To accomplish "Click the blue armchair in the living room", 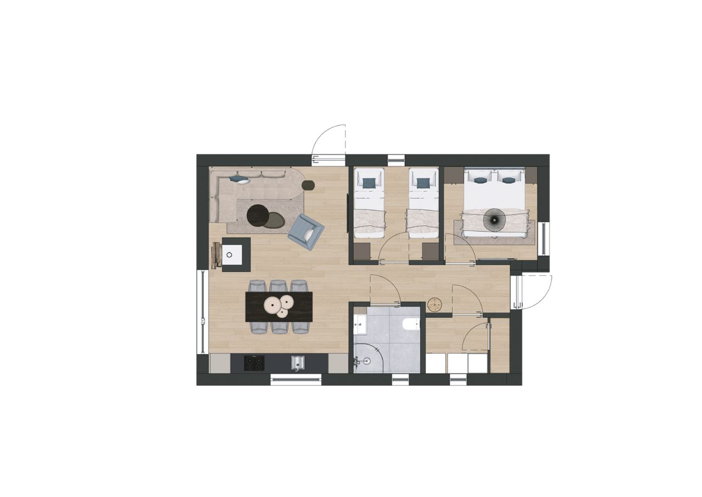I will point(305,231).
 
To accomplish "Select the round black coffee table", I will point(258,215).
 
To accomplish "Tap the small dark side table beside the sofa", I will point(308,185).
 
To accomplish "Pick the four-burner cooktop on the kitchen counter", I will point(254,362).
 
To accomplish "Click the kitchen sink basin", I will point(297,362).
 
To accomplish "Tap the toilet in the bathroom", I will point(410,325).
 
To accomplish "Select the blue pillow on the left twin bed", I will point(369,183).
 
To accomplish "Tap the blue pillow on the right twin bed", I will point(423,183).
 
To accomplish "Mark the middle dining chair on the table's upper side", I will point(278,286).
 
